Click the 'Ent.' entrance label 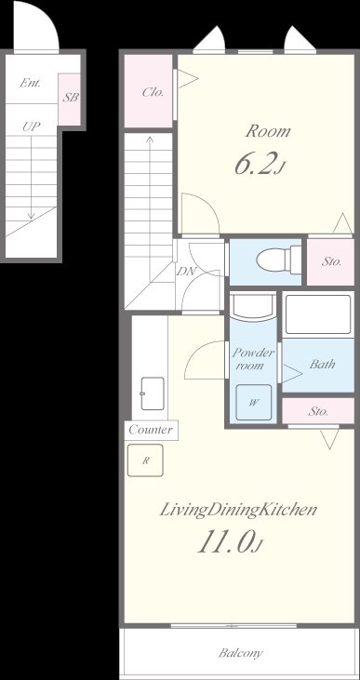[x=31, y=83]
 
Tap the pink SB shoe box [x=70, y=99]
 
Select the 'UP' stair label [x=32, y=127]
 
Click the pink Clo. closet [x=148, y=91]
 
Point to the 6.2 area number [x=254, y=165]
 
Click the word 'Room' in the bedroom [x=268, y=131]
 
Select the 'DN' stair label [x=187, y=272]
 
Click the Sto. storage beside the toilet [x=331, y=261]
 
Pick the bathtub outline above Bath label [x=318, y=314]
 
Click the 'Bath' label [x=322, y=364]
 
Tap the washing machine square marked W [x=254, y=403]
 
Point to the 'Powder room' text [x=253, y=359]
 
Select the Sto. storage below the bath [x=318, y=411]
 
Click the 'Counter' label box [x=151, y=430]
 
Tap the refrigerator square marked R [x=146, y=460]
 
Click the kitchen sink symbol [x=153, y=393]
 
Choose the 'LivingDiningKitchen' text [x=238, y=510]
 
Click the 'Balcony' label [x=240, y=653]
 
